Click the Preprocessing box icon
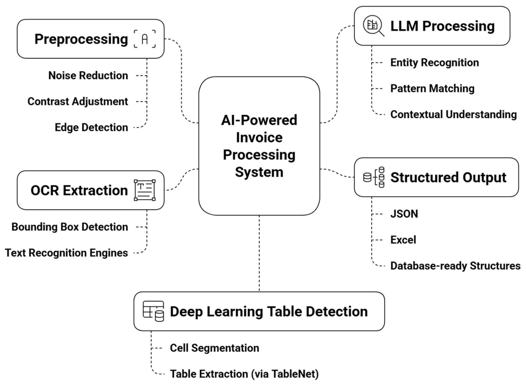pos(145,39)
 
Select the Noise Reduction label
pos(88,75)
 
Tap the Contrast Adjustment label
pos(78,101)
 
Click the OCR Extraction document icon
pos(145,190)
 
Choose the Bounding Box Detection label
pos(69,226)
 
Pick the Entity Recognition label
pos(434,63)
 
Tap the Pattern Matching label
pos(432,89)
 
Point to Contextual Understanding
pos(454,114)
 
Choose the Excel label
pos(403,240)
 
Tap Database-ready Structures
pos(455,266)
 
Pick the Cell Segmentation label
pos(214,348)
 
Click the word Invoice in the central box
pos(259,138)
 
